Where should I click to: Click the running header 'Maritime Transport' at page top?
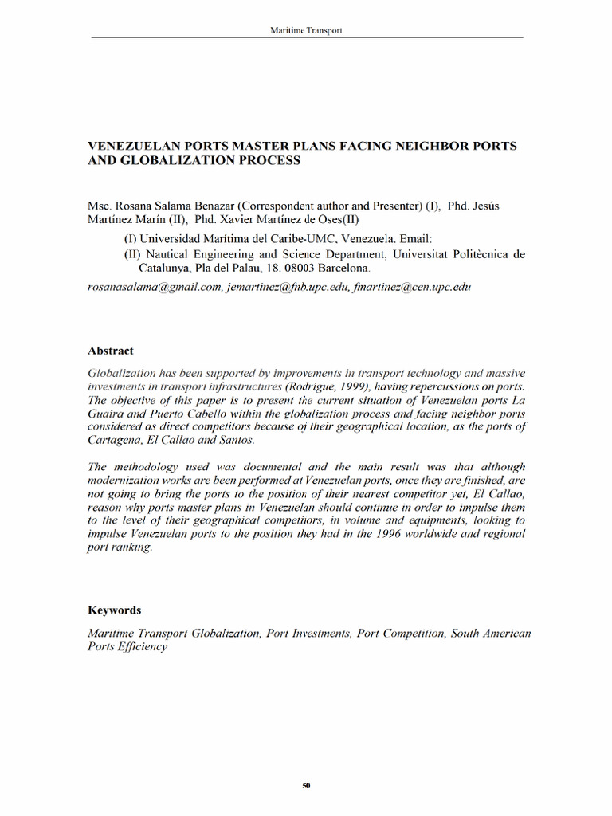[307, 30]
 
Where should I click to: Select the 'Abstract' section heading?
[110, 351]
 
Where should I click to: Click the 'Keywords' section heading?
[114, 610]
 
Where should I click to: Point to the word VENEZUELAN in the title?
[130, 146]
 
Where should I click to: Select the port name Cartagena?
[115, 441]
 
